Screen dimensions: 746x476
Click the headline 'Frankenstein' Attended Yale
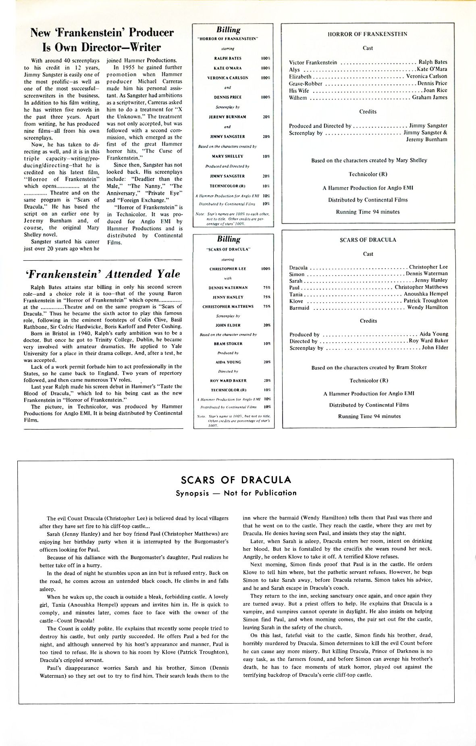click(102, 274)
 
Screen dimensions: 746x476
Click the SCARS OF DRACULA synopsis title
click(236, 480)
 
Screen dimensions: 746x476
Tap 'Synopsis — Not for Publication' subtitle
click(236, 493)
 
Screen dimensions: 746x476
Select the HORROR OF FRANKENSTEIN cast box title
click(367, 34)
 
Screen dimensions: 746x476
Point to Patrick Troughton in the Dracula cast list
click(426, 301)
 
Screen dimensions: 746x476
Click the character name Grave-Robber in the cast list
click(306, 84)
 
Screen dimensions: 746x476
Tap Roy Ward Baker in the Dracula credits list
click(428, 341)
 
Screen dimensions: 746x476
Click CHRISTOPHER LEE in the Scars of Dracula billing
click(228, 269)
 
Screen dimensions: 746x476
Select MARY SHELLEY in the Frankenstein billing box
click(228, 156)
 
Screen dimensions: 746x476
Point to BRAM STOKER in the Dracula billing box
click(228, 344)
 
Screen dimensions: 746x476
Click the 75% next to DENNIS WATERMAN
click(266, 288)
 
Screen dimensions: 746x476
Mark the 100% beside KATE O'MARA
click(265, 68)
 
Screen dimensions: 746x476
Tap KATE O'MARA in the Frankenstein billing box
click(228, 68)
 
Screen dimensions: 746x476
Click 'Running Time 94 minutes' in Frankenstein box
click(368, 212)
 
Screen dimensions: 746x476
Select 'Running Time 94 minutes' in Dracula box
click(369, 416)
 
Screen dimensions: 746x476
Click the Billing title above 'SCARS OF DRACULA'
click(229, 239)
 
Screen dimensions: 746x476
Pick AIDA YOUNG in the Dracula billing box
click(228, 362)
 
